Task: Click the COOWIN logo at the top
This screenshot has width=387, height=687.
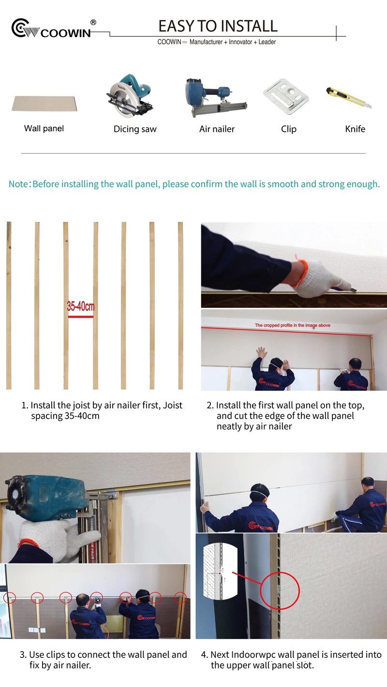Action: [x=51, y=29]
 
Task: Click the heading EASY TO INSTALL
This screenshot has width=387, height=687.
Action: [x=218, y=26]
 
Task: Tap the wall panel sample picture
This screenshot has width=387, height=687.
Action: [x=45, y=103]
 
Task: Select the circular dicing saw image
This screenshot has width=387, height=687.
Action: [x=130, y=95]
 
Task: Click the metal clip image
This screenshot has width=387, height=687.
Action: [x=286, y=96]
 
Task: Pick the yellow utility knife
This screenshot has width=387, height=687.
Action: [x=349, y=97]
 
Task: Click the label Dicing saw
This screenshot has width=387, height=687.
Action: [x=135, y=129]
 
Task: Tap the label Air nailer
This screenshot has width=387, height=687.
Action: [x=217, y=129]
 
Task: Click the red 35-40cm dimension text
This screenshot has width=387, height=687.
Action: [x=81, y=306]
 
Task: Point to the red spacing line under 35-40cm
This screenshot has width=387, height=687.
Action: [x=81, y=316]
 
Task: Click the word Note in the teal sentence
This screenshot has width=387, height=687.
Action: [x=18, y=184]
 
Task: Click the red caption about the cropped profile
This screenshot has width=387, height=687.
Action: [x=292, y=325]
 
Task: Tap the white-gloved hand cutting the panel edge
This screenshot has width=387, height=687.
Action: [x=322, y=281]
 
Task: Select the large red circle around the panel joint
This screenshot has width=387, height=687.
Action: [x=280, y=591]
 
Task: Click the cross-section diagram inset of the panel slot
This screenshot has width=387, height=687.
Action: [x=220, y=571]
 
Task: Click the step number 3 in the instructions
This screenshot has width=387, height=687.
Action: [x=23, y=655]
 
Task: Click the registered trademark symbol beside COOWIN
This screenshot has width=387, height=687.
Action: [x=93, y=22]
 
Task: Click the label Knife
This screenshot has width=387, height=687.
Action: [x=355, y=129]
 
